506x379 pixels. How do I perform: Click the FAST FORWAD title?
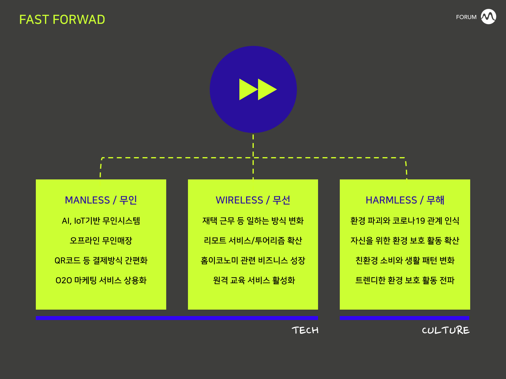pyautogui.click(x=62, y=20)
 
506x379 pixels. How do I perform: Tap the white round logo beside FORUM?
pyautogui.click(x=488, y=17)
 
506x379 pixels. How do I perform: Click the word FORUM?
pyautogui.click(x=466, y=17)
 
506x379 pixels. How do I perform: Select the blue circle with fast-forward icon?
pyautogui.click(x=253, y=89)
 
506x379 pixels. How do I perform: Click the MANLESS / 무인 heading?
pyautogui.click(x=101, y=200)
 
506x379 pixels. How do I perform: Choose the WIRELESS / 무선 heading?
pyautogui.click(x=253, y=200)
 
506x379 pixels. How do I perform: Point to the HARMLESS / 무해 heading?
pyautogui.click(x=405, y=200)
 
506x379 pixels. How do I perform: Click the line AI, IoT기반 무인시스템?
pyautogui.click(x=101, y=221)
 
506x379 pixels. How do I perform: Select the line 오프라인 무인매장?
pyautogui.click(x=101, y=241)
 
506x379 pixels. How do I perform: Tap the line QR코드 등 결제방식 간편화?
pyautogui.click(x=101, y=260)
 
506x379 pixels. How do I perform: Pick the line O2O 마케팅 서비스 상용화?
pyautogui.click(x=101, y=280)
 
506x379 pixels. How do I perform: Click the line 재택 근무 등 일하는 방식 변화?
pyautogui.click(x=253, y=221)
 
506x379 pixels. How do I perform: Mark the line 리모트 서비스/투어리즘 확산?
pyautogui.click(x=253, y=241)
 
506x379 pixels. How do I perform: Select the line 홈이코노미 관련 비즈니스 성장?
pyautogui.click(x=253, y=260)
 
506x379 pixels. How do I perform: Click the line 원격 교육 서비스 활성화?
pyautogui.click(x=254, y=280)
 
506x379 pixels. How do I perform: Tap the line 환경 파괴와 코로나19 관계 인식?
pyautogui.click(x=405, y=221)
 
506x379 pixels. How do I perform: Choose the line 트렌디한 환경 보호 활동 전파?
pyautogui.click(x=405, y=280)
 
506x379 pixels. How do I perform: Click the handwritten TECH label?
pyautogui.click(x=305, y=330)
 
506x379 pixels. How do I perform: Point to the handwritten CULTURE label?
pyautogui.click(x=446, y=330)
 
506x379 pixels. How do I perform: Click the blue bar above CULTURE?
pyautogui.click(x=404, y=318)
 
